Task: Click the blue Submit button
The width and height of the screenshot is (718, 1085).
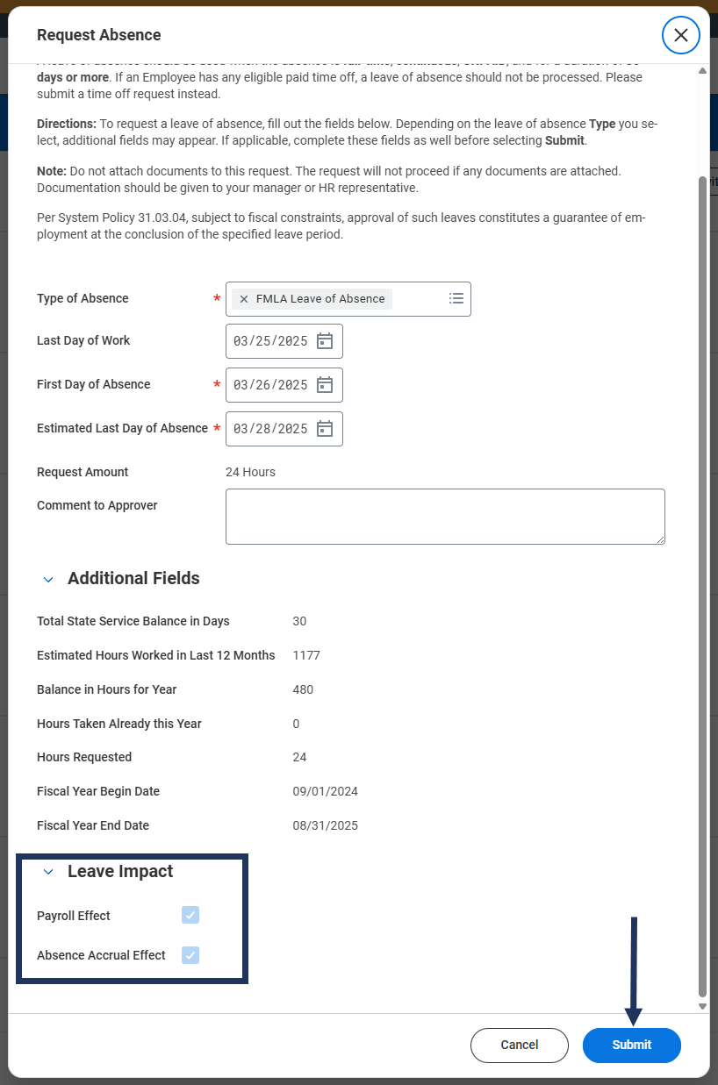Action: coord(631,1045)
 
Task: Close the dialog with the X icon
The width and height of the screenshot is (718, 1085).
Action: coord(680,35)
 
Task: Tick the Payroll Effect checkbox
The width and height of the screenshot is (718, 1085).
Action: coord(190,916)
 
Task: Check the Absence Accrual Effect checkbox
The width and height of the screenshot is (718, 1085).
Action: coord(190,955)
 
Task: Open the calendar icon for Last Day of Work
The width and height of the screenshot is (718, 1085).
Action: coord(325,341)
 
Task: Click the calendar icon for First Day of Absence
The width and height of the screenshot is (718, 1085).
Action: coord(325,385)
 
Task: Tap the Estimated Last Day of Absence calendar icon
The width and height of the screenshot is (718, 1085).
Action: coord(325,429)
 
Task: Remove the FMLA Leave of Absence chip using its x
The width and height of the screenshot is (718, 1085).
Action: coord(244,299)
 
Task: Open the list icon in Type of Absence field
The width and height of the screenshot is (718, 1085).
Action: coord(456,298)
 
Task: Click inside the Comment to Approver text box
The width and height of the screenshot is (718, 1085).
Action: coord(444,517)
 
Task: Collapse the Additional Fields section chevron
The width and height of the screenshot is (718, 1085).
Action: coord(48,579)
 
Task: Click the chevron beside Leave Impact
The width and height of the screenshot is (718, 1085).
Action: coord(48,872)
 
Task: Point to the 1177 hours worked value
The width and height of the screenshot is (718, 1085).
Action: coord(306,655)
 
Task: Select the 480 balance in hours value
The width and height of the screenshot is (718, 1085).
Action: coord(303,689)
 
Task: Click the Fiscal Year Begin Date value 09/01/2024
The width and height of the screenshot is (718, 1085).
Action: coord(325,791)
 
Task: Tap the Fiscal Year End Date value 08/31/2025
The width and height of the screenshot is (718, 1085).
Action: coord(325,825)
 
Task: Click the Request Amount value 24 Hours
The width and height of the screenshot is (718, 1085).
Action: coord(250,472)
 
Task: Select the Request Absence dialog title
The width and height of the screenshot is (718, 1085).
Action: coord(99,35)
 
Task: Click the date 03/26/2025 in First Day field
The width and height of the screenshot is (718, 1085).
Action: coord(270,385)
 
